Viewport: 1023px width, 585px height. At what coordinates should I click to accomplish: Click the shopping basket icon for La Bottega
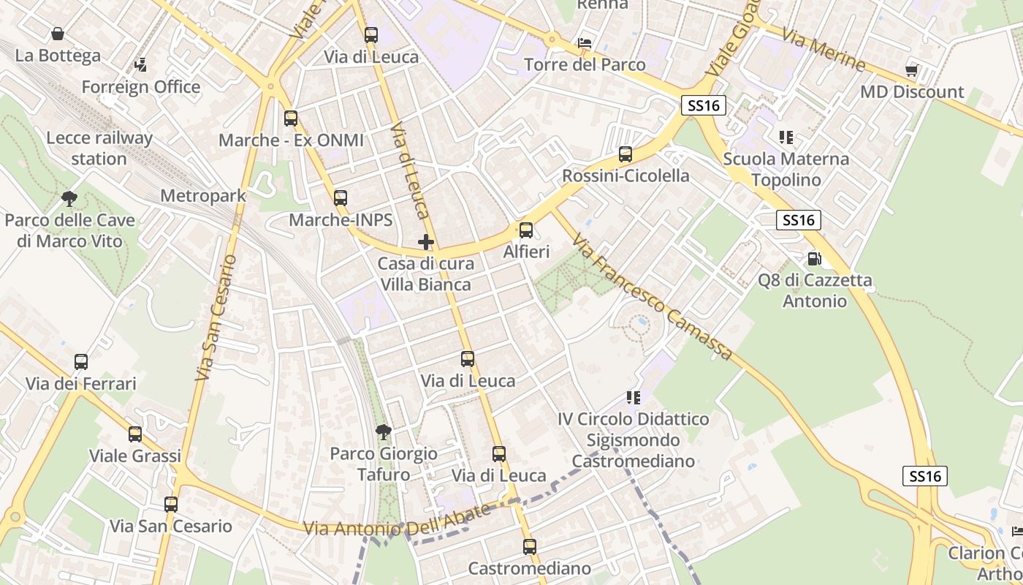(58, 34)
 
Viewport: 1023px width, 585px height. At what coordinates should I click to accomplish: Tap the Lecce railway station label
(99, 148)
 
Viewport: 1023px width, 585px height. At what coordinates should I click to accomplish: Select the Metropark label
(203, 196)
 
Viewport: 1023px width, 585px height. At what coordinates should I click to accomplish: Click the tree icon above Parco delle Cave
(69, 198)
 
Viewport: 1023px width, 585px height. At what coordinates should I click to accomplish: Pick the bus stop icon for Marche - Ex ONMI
(291, 118)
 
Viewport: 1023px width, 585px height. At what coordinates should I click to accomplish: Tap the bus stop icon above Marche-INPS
(341, 197)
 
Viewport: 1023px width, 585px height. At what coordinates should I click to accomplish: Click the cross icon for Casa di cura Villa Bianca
(426, 242)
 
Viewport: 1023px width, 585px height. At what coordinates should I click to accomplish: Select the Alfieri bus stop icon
(526, 230)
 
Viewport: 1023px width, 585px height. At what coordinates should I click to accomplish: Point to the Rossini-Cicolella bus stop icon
(625, 154)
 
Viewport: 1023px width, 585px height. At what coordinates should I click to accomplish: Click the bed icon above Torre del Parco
(585, 42)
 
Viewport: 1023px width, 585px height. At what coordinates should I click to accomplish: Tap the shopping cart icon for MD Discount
(911, 70)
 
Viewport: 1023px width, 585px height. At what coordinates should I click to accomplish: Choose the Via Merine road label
(824, 50)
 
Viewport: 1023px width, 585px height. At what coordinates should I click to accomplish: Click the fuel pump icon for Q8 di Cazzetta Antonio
(814, 258)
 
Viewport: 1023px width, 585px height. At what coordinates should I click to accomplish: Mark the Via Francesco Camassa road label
(652, 297)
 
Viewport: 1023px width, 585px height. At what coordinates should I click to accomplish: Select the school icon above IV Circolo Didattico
(633, 397)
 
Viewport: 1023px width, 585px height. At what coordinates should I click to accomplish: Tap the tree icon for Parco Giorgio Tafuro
(383, 432)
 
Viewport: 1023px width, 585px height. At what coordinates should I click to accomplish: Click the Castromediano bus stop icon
(530, 546)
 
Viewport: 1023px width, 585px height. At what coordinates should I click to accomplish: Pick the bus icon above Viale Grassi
(135, 434)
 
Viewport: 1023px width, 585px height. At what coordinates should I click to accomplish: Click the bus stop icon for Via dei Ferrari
(81, 361)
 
